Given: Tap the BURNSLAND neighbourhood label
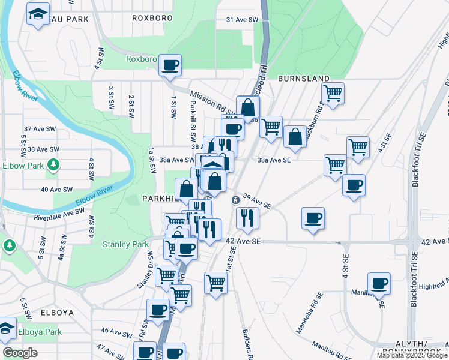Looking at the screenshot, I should point(303,79).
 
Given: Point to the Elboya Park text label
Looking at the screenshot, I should point(40,332).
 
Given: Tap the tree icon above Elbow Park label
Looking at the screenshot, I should point(53,164).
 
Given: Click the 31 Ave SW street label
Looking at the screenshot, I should point(242,20).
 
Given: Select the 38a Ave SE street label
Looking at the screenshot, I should point(274,160).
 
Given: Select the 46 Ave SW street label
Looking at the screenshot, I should point(112,331).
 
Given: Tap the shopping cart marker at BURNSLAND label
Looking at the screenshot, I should point(333,93).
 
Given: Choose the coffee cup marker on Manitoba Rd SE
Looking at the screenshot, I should point(379,283).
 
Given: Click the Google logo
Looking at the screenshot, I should point(20,353).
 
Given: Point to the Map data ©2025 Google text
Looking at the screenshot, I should point(412,355).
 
